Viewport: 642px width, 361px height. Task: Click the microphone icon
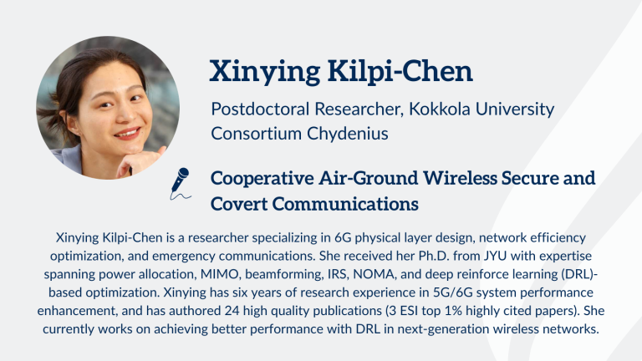181,183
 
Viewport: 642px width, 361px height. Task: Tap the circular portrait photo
108,108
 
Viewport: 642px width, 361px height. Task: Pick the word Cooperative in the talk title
262,179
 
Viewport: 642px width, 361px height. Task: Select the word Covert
239,204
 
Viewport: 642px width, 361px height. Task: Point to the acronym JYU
495,256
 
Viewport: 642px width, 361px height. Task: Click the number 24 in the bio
232,311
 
